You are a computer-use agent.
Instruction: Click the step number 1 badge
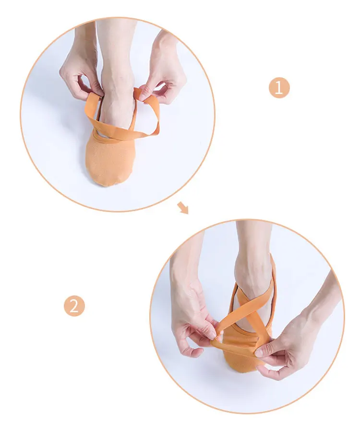(279, 88)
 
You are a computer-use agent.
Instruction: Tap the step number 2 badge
(74, 306)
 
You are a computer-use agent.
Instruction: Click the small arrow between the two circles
(183, 208)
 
